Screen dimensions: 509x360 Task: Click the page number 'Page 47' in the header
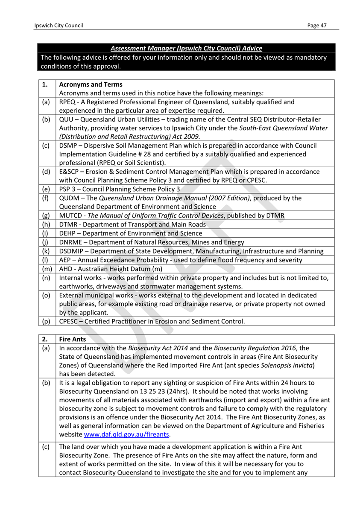[x=316, y=26]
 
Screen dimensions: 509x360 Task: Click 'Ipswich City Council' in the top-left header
[x=59, y=26]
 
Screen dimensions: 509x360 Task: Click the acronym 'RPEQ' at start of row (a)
[x=67, y=102]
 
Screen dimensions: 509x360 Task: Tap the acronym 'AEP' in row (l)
[x=65, y=260]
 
